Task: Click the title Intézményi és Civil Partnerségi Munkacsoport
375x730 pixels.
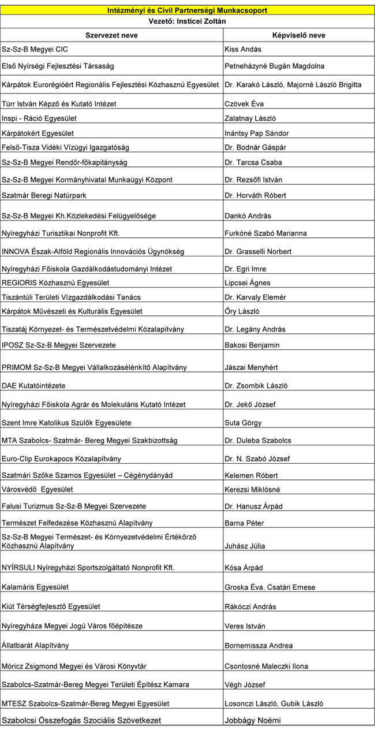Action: (187, 10)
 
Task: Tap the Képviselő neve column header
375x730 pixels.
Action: (298, 35)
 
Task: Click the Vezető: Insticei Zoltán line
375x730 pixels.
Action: (187, 21)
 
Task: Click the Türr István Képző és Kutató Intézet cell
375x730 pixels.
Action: (59, 104)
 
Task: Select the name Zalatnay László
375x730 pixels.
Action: (250, 118)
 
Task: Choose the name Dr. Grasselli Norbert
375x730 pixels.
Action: (258, 252)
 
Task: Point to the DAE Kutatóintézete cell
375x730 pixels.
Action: (34, 385)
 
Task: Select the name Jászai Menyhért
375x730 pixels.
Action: (249, 367)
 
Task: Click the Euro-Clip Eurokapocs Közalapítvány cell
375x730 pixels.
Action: (62, 459)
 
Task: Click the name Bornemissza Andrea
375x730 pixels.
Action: (258, 646)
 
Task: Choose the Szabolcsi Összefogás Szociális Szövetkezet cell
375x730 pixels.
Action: (81, 720)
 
